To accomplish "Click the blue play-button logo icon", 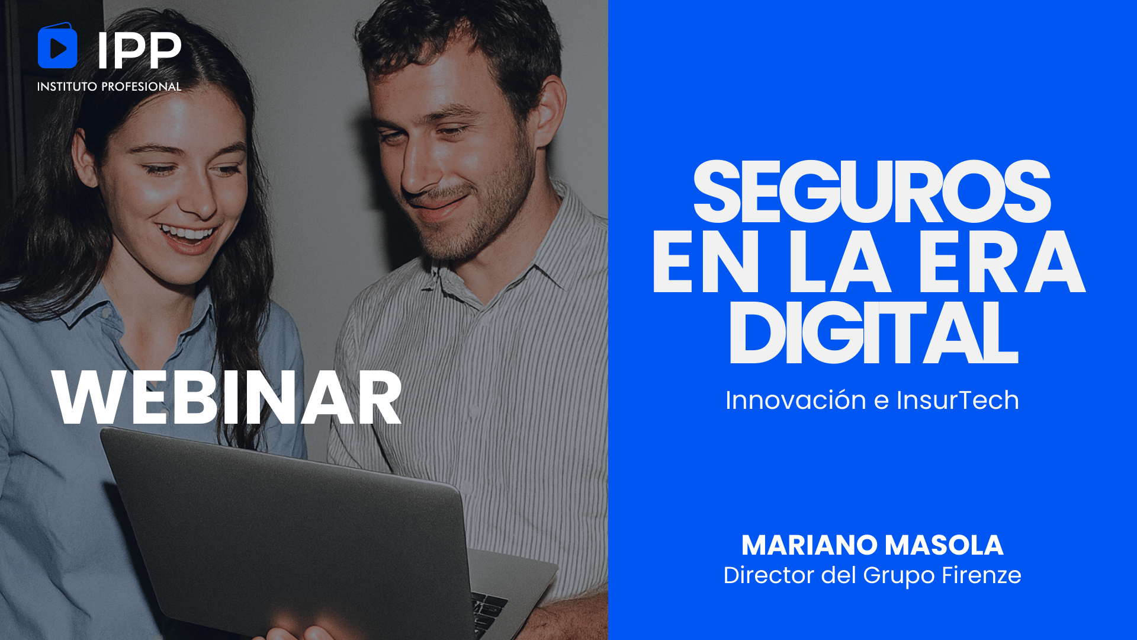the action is coord(57,46).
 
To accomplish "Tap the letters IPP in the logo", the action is coord(139,50).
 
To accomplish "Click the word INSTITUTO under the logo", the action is coord(67,87).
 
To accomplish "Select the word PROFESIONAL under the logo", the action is coord(142,87).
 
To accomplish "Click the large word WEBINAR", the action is coord(227,397).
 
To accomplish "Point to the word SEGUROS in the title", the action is coord(872,191).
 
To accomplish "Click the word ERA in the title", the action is coord(1001,263).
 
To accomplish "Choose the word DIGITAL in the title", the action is coord(874,332).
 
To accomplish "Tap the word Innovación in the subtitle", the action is coord(796,400).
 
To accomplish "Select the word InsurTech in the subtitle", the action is coord(958,400).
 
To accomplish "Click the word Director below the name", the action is coord(769,575).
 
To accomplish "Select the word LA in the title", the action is coord(839,263).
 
